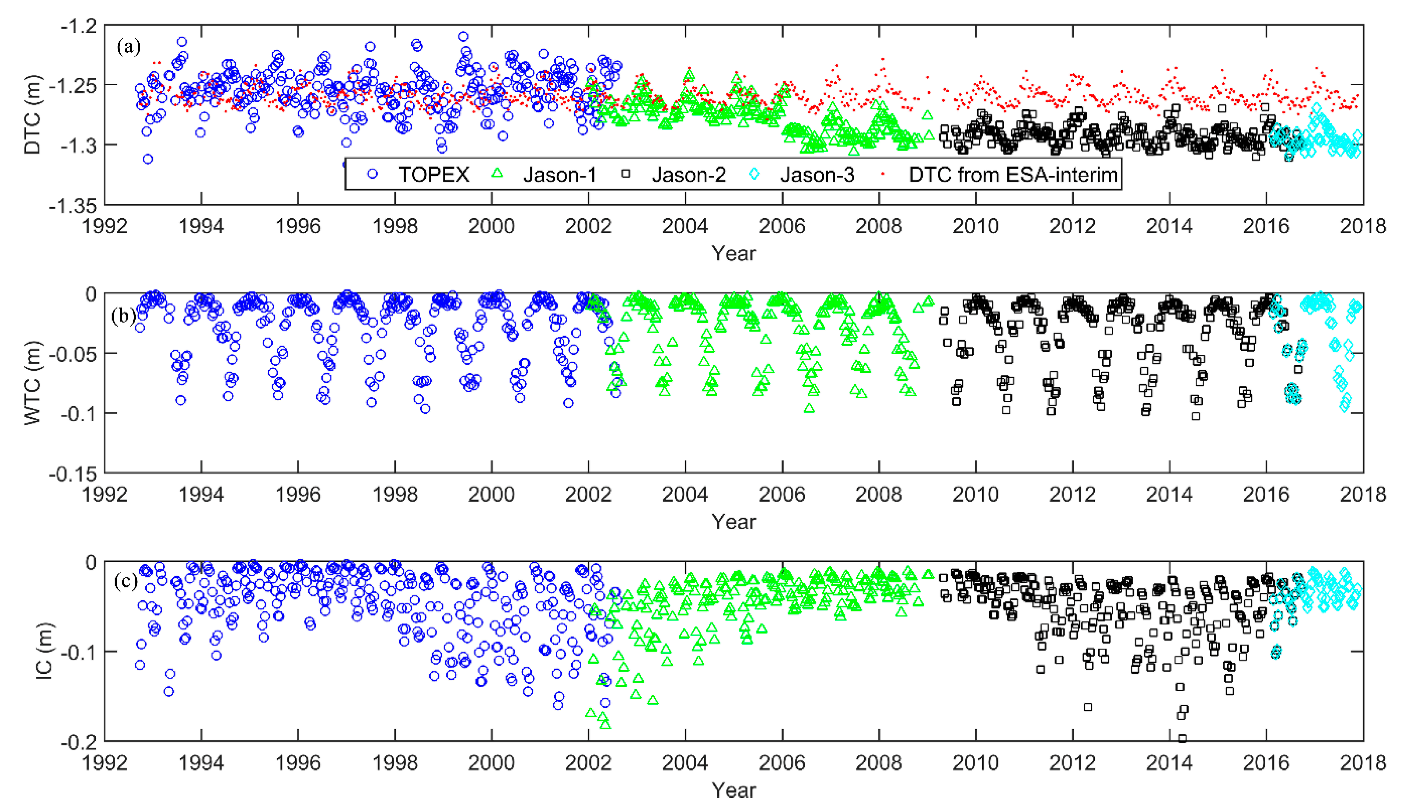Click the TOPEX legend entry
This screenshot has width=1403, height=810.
[433, 175]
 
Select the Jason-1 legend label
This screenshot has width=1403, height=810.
[559, 175]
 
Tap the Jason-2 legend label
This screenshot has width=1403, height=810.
[689, 175]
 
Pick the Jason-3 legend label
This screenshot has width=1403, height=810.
[817, 175]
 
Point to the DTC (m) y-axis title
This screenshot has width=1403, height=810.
[32, 114]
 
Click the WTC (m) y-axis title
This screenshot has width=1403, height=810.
[32, 383]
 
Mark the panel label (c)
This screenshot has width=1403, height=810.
[125, 581]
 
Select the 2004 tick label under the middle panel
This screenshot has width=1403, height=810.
[685, 494]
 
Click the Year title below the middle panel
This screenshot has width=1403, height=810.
[734, 522]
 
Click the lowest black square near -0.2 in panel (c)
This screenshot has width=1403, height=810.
[1182, 738]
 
